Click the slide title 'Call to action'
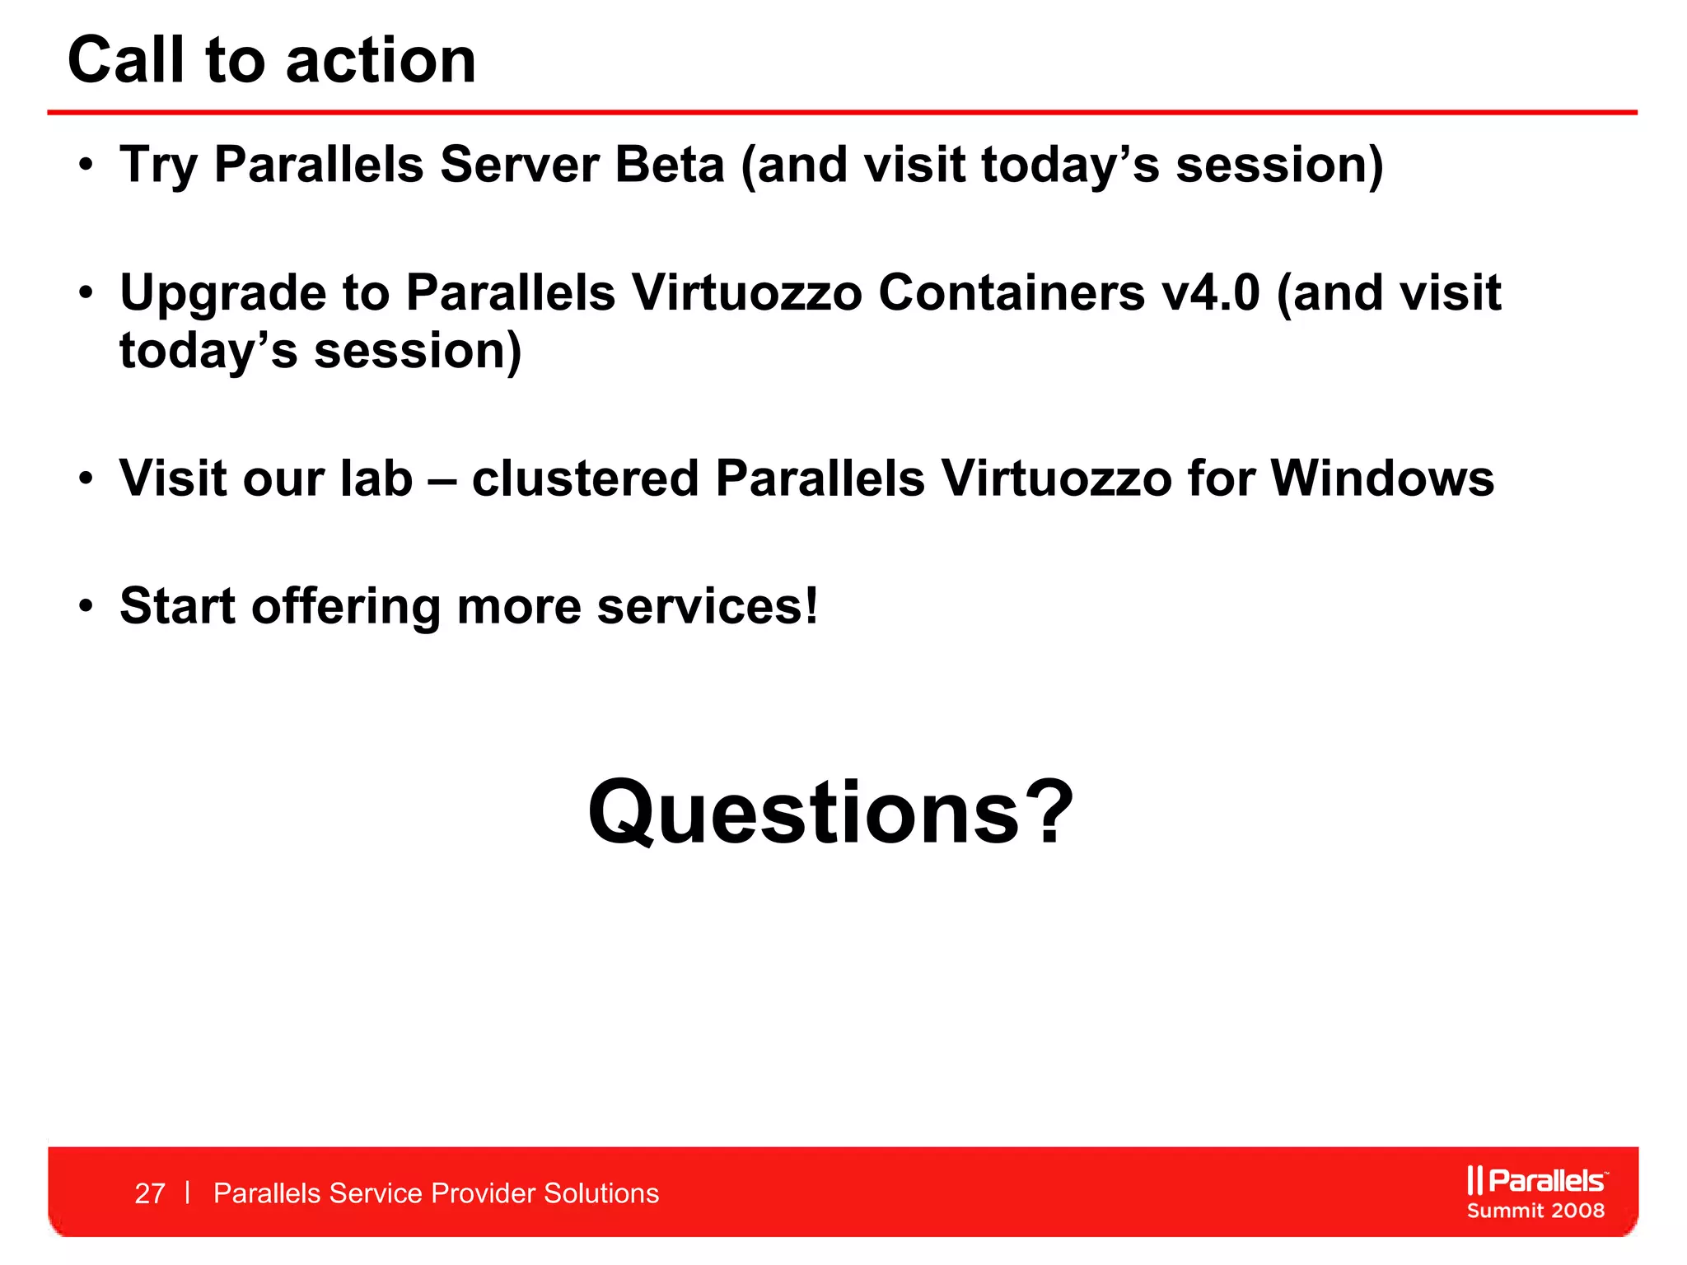coord(272,61)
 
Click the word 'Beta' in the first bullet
coord(669,165)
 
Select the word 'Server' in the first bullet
coord(519,165)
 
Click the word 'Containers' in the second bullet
coord(1012,293)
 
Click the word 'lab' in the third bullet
coord(376,478)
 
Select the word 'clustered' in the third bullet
coord(585,478)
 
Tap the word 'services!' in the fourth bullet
coord(708,607)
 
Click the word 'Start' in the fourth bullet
coord(178,607)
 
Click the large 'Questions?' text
coord(830,813)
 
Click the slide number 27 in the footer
coord(150,1193)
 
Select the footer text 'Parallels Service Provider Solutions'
coord(436,1193)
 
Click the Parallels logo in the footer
coord(1536,1180)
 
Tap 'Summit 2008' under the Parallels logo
coord(1535,1211)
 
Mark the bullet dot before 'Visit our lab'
coord(86,480)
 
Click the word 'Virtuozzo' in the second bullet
coord(746,293)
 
